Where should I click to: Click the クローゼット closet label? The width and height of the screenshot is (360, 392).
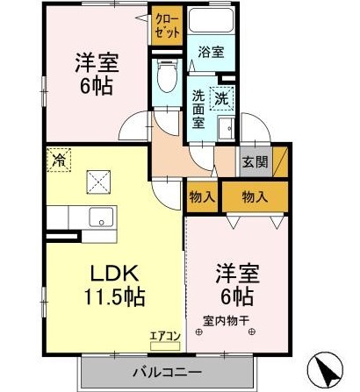click(163, 25)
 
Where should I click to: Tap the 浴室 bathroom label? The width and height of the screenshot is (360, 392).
click(211, 52)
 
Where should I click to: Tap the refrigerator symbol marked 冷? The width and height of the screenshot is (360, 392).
click(59, 160)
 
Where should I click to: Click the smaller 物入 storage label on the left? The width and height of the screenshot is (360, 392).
click(202, 198)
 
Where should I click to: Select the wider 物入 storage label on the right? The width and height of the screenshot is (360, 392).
click(255, 198)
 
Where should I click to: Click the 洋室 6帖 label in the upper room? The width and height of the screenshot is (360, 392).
click(97, 74)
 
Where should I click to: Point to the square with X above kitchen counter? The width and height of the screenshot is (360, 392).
click(97, 182)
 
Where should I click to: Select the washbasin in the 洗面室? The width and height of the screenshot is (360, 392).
click(226, 128)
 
